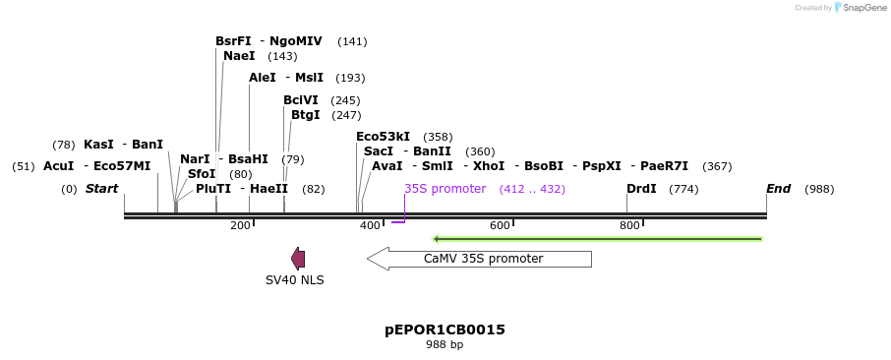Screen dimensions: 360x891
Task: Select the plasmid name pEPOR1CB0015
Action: (x=445, y=330)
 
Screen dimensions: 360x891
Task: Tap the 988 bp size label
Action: (x=445, y=345)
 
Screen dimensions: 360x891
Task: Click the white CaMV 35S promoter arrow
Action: (x=479, y=259)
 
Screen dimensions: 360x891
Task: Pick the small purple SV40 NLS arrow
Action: (x=298, y=259)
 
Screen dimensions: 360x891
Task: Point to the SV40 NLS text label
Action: (x=294, y=280)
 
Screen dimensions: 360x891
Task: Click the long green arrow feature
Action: (x=597, y=238)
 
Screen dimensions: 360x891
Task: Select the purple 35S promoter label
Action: (x=445, y=189)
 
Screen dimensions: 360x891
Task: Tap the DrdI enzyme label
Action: (x=641, y=189)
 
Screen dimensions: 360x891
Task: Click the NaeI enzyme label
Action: (x=239, y=56)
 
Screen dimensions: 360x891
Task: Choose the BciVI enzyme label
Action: (x=301, y=100)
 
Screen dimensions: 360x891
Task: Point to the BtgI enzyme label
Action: (x=305, y=115)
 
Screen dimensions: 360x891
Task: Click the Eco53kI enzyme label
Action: (x=383, y=137)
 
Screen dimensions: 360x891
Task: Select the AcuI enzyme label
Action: (x=58, y=166)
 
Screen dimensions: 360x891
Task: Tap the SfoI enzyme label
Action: (x=201, y=174)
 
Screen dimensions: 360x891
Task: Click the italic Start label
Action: (x=101, y=189)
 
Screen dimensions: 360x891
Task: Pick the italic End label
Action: (x=778, y=189)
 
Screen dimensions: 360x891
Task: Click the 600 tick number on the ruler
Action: (x=500, y=226)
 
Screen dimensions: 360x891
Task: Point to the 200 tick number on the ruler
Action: (x=240, y=226)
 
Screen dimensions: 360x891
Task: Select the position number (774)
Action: (x=683, y=189)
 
